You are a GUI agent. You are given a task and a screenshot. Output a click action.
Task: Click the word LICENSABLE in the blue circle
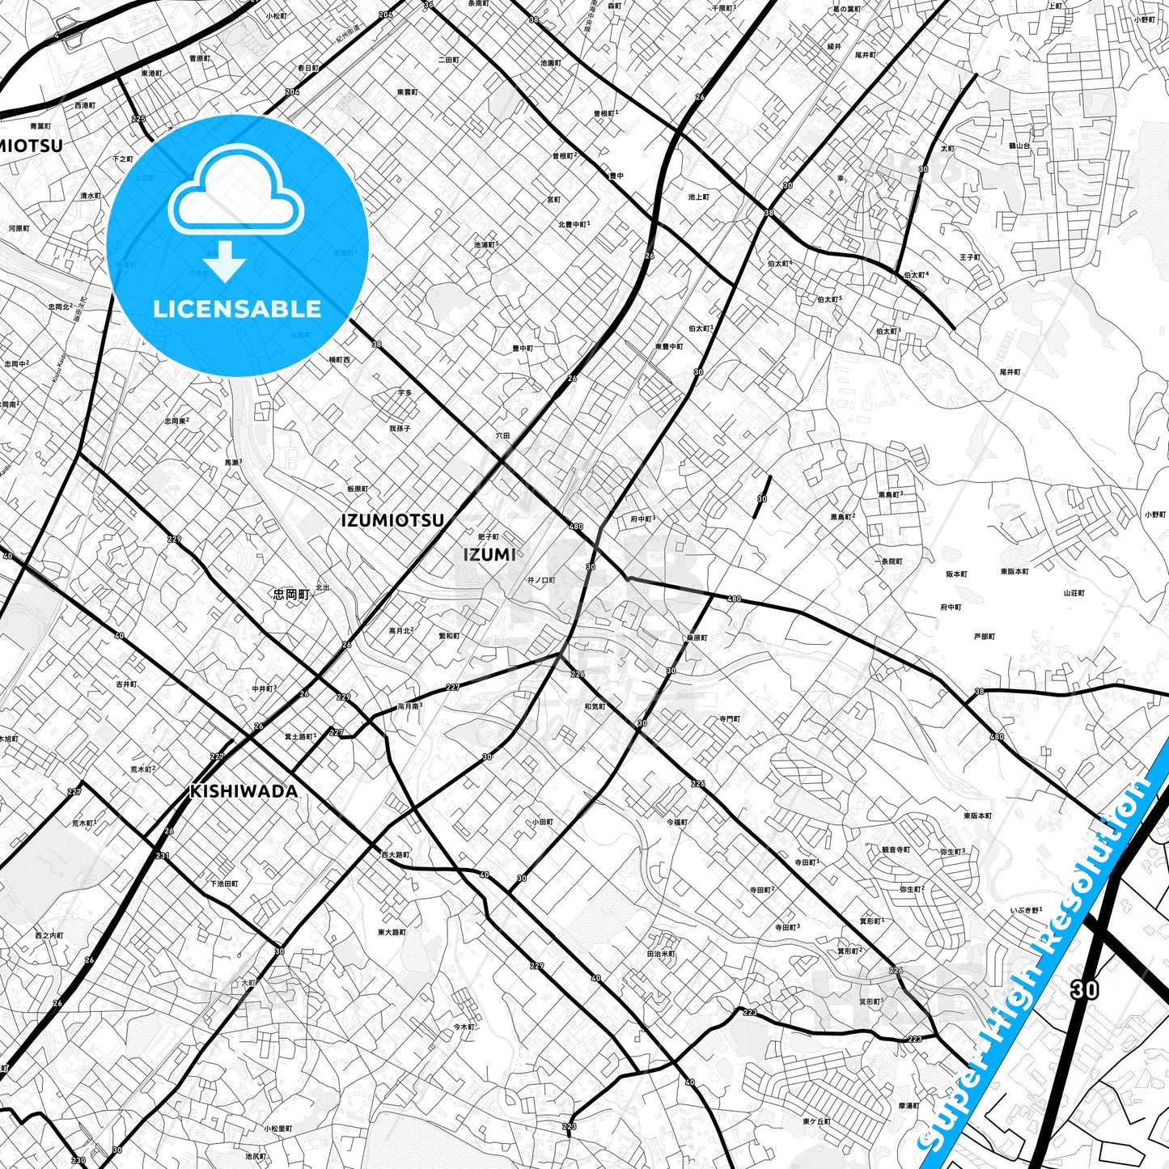coord(237,309)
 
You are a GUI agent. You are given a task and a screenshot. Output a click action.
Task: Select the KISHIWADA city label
coord(244,791)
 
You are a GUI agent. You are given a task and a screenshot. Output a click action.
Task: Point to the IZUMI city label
coord(489,554)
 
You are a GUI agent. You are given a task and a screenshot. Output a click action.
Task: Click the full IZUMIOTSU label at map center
coord(392,520)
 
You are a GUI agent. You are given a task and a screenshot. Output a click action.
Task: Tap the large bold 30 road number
coord(1084,989)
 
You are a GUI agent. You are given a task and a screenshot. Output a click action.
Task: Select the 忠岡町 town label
coord(291,594)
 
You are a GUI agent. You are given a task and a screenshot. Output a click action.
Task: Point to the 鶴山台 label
coord(1019,146)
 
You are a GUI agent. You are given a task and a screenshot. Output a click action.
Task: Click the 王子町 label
coord(970,257)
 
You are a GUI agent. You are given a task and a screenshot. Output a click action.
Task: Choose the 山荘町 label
coord(1074,593)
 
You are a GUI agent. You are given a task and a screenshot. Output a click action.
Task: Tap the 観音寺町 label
coord(895,849)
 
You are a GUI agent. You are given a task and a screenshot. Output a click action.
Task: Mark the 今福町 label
coord(676,822)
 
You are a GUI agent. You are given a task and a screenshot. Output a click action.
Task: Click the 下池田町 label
coord(224,883)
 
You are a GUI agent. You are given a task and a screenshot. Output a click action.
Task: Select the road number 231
coord(163,855)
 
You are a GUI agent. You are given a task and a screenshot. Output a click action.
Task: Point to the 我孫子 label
coord(400,428)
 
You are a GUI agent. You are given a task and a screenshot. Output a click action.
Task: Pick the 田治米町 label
coord(661,954)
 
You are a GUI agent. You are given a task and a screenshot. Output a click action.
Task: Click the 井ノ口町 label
coord(541,580)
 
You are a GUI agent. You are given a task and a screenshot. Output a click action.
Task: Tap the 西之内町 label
coord(49,935)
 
